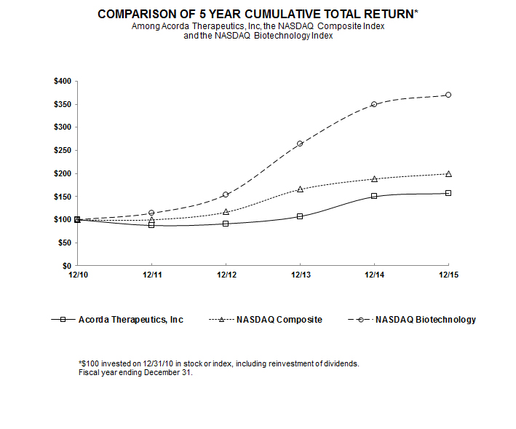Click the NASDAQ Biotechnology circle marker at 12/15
click(448, 95)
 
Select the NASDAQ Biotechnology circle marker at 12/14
click(374, 104)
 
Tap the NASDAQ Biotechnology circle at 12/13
click(300, 143)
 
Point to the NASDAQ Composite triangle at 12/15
click(448, 173)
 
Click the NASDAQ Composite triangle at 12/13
click(300, 189)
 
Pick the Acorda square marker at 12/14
click(374, 196)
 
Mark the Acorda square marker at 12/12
click(226, 224)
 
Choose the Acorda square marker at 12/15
click(448, 193)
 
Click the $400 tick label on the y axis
click(62, 81)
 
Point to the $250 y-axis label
click(62, 150)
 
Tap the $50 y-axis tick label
click(64, 243)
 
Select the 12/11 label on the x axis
click(151, 275)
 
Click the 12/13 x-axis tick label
click(300, 275)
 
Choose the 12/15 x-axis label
click(448, 275)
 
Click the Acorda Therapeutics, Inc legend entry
click(131, 320)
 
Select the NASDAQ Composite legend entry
click(279, 320)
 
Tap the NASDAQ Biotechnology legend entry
click(426, 320)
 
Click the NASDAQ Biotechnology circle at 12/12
click(226, 194)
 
